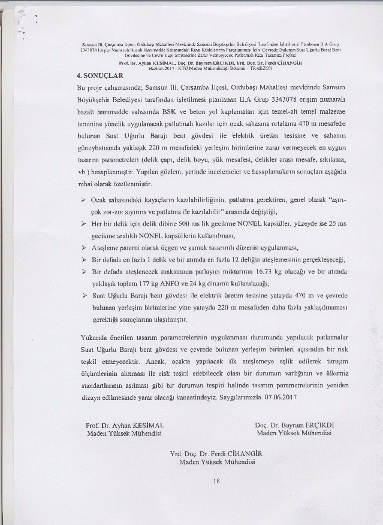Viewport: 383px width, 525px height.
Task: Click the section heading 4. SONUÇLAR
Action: click(99, 77)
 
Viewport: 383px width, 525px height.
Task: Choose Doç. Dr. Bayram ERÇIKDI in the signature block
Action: click(294, 425)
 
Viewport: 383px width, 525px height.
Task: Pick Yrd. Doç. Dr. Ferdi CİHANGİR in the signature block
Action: click(217, 455)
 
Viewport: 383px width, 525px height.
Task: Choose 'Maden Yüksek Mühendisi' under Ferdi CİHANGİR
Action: click(217, 463)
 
